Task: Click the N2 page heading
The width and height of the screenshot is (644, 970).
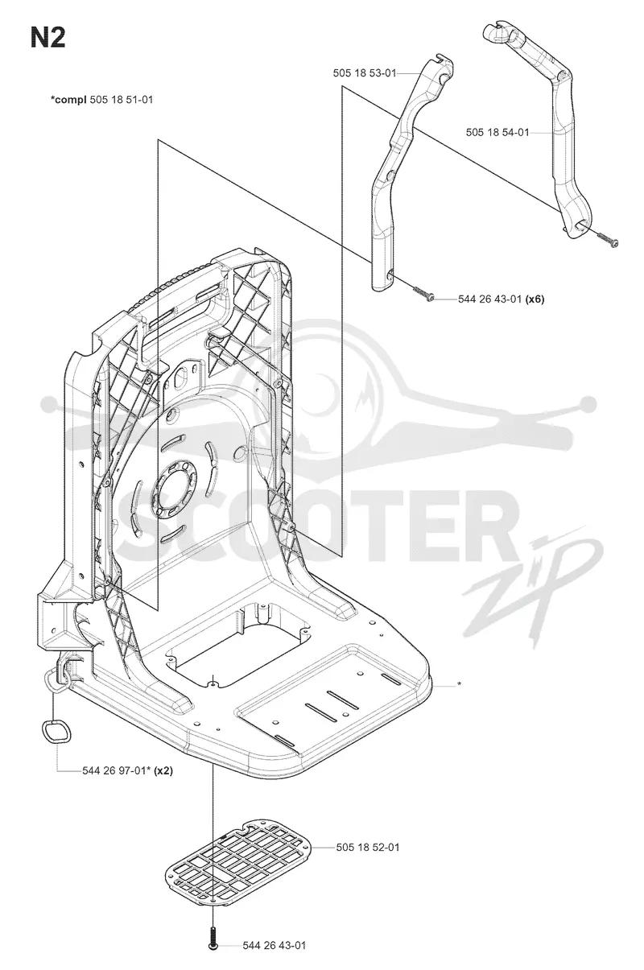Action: (x=47, y=38)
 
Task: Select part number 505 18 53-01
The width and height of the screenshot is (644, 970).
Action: (x=364, y=73)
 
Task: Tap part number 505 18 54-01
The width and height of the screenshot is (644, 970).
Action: (x=497, y=132)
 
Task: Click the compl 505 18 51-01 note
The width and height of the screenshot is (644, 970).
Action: (x=101, y=100)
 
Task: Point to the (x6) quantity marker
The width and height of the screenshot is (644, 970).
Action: (x=535, y=299)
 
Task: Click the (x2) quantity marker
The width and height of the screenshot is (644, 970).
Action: (x=163, y=771)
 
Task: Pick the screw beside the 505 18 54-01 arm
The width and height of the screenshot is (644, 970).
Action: (x=607, y=238)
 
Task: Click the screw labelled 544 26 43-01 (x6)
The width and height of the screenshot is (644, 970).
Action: (x=423, y=293)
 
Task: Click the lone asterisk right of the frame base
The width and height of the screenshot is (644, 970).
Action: (x=459, y=684)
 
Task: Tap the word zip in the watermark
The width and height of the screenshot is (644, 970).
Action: (x=532, y=593)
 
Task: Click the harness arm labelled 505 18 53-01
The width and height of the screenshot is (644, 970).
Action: (x=405, y=173)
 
